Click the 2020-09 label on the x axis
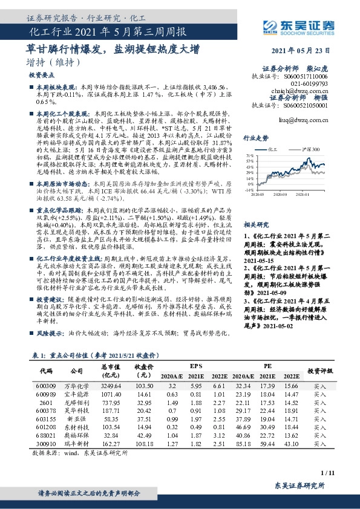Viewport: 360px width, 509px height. pos(283,195)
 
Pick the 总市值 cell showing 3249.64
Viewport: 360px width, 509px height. pos(111,386)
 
